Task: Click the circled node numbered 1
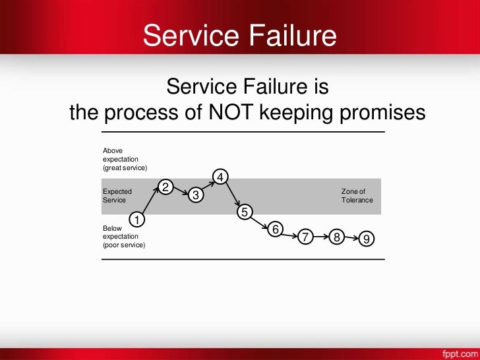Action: [136, 219]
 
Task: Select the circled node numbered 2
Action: [166, 187]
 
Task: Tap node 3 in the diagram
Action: [196, 196]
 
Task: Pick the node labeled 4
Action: [221, 177]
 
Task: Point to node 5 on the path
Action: [245, 212]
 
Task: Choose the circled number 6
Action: [276, 229]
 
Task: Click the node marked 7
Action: [305, 237]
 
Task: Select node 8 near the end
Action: [337, 237]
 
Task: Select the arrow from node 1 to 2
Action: [151, 203]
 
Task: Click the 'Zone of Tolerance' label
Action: [357, 196]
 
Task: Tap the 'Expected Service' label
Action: [117, 196]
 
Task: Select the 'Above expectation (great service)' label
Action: [125, 159]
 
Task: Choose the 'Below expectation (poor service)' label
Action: [123, 237]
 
